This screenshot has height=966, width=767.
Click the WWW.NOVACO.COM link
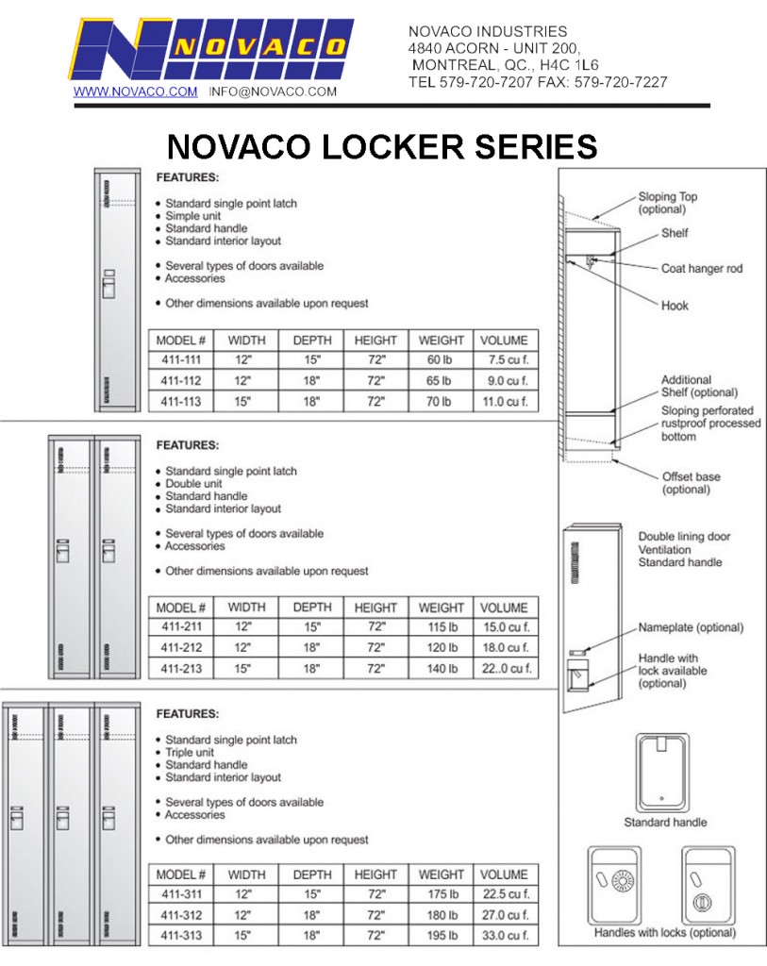136,92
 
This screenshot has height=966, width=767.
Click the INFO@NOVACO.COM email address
273,92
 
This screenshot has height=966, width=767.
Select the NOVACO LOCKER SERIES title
382,147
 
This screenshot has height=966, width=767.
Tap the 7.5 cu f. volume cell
504,359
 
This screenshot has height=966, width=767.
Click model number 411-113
181,402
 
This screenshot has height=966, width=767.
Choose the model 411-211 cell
181,627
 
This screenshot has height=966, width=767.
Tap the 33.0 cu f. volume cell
504,936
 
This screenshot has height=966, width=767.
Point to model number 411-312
181,915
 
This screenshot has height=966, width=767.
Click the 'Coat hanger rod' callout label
701,269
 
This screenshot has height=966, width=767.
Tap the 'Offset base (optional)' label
691,483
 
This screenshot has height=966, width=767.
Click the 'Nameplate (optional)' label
691,627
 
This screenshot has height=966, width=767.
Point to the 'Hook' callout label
675,306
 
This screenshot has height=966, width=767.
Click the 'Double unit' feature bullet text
193,484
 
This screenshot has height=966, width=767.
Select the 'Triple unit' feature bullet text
191,753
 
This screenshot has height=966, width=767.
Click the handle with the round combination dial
621,884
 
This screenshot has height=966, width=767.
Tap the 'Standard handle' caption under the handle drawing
665,823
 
